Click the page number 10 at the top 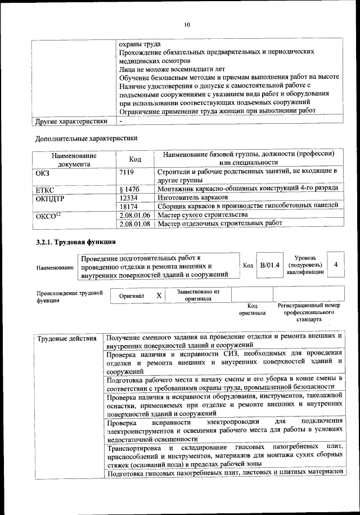187,24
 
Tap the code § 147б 130,189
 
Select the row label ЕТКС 45,189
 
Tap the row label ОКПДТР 51,198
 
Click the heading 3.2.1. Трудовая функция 76,242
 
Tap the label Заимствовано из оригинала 197,295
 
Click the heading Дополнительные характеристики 86,138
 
